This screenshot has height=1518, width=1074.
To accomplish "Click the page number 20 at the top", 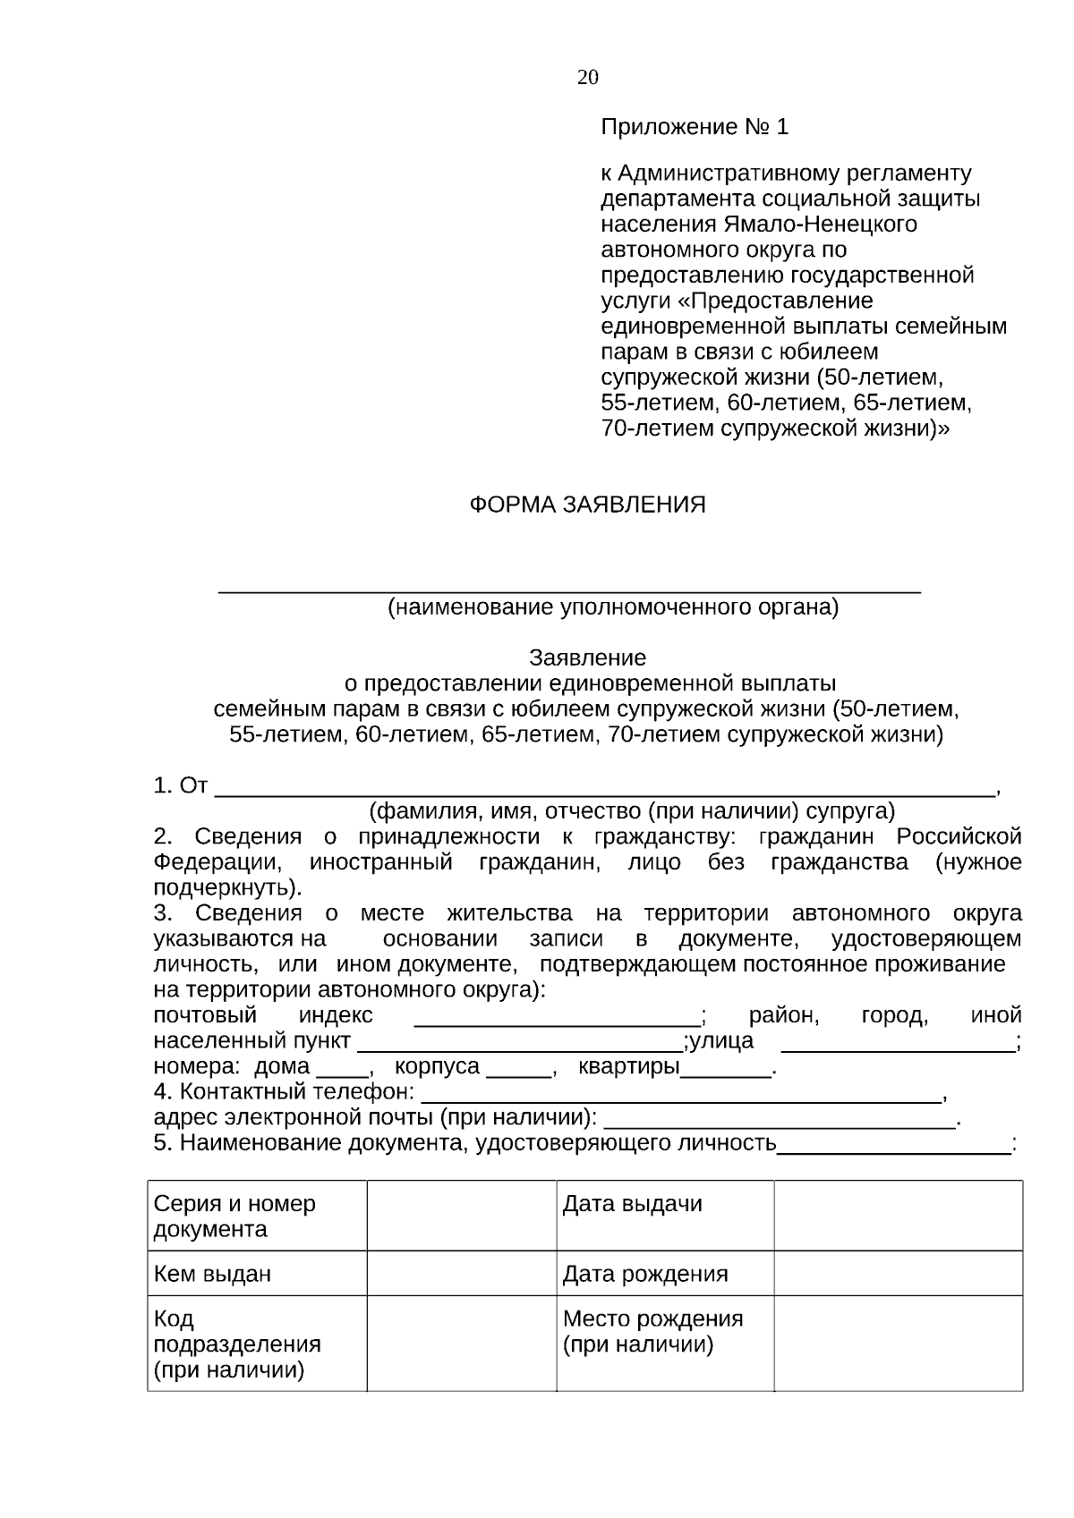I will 587,78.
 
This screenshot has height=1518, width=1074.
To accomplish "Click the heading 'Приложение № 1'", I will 694,127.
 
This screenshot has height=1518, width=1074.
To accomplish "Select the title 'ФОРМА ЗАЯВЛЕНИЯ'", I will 587,505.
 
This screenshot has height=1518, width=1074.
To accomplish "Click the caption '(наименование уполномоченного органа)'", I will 612,608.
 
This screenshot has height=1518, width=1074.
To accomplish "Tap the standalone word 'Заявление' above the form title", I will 587,658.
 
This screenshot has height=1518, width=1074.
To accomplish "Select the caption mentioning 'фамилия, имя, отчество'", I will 632,811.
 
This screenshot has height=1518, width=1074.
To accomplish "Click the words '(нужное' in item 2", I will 977,862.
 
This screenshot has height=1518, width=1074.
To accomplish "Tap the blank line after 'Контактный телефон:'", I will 680,1095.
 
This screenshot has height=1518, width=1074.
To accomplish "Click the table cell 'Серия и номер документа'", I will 257,1216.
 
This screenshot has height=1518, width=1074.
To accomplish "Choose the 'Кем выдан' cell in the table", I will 257,1273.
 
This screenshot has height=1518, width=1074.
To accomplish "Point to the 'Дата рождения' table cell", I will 664,1273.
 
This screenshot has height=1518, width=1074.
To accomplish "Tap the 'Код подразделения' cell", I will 257,1344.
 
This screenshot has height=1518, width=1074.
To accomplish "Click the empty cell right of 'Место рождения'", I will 898,1344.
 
